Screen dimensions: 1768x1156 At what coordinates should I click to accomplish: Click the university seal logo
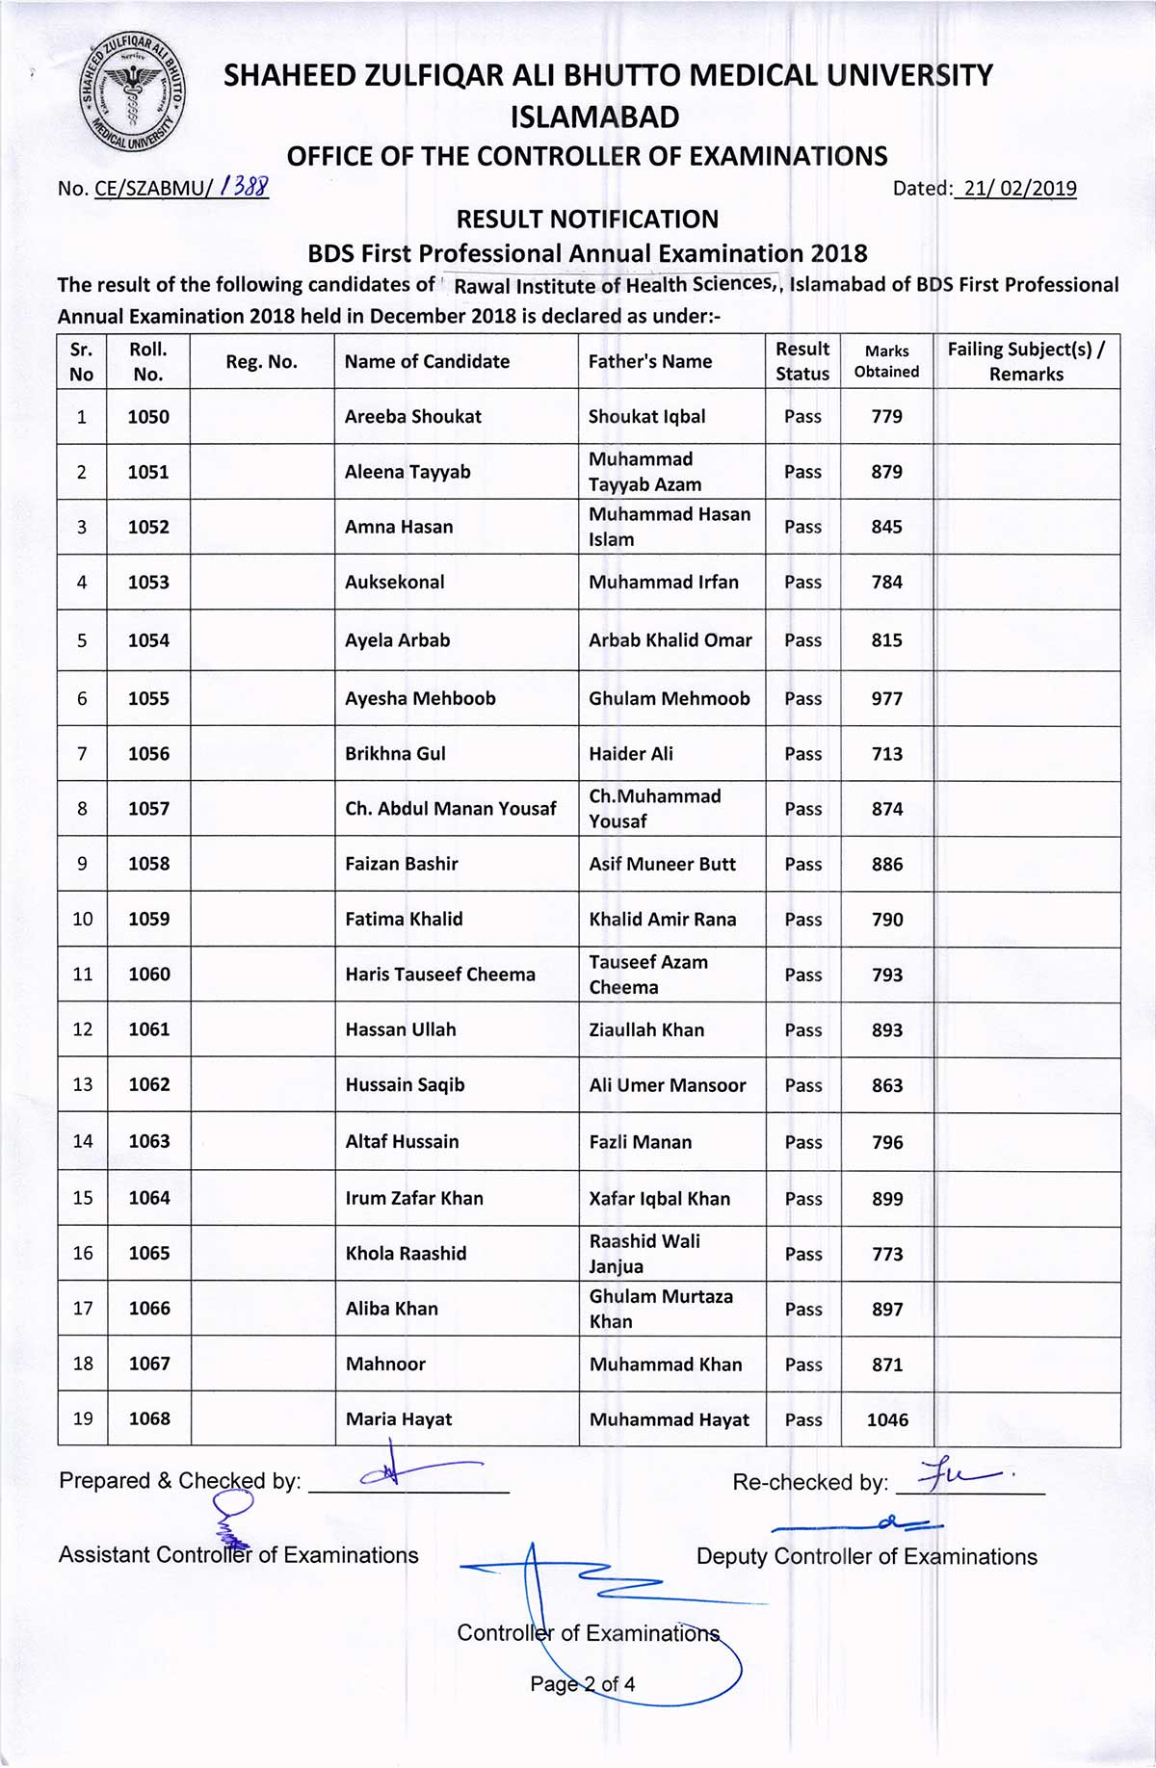(133, 93)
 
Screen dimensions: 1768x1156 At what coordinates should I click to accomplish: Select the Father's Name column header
(650, 362)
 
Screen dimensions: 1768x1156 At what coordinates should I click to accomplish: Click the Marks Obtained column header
(886, 362)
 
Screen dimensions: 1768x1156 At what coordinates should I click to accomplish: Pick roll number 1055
(148, 699)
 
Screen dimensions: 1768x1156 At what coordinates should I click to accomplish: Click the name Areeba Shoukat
(412, 417)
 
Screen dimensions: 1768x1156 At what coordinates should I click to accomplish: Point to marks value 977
(886, 699)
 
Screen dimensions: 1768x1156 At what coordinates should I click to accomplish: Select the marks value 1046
(887, 1420)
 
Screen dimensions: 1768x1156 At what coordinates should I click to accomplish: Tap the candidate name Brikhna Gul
(395, 754)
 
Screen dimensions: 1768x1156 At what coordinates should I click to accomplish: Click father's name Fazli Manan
(640, 1143)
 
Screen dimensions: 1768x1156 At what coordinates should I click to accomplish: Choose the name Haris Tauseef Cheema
(440, 975)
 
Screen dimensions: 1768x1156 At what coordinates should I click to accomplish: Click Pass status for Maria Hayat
(803, 1420)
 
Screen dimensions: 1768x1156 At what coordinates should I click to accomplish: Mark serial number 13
(83, 1085)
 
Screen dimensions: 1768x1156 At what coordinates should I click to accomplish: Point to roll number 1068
(149, 1419)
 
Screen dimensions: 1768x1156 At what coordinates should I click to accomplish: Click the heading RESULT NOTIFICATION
(588, 220)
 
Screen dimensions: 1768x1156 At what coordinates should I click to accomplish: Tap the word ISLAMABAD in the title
(594, 117)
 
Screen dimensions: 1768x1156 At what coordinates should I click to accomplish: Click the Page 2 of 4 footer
(582, 1684)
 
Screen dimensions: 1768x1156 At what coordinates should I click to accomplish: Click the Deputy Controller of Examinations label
(866, 1557)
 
